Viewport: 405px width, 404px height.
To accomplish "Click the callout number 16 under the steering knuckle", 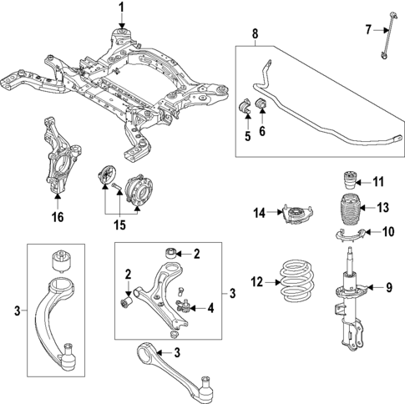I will coord(57,216).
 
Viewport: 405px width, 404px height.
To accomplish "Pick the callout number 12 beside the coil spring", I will coord(257,282).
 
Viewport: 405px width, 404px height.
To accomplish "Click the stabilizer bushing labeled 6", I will coord(259,104).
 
